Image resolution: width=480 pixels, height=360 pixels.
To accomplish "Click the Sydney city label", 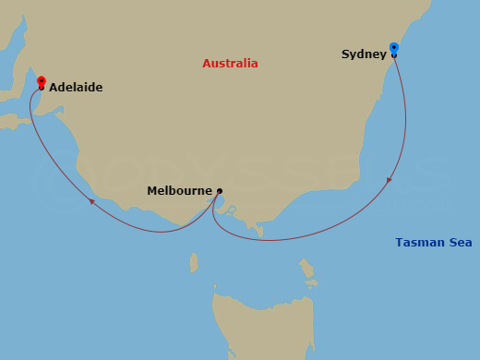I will [x=364, y=54].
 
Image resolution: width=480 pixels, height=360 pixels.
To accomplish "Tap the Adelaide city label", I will [x=76, y=88].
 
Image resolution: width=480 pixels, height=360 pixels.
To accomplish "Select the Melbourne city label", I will [x=180, y=192].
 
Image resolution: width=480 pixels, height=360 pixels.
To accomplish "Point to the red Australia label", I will [x=230, y=64].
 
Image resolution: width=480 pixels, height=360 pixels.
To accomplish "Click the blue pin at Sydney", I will [x=394, y=48].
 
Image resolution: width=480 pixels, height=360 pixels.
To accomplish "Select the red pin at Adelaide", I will [x=42, y=82].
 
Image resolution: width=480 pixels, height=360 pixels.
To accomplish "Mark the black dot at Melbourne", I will [x=219, y=192].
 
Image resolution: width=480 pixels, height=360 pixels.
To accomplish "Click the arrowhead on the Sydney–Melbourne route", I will [x=390, y=179].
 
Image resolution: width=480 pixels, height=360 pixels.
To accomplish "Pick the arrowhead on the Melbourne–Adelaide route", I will [x=92, y=200].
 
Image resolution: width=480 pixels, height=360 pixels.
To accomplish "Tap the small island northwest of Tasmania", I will [x=194, y=262].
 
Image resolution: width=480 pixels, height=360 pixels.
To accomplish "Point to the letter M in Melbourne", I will [x=152, y=192].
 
